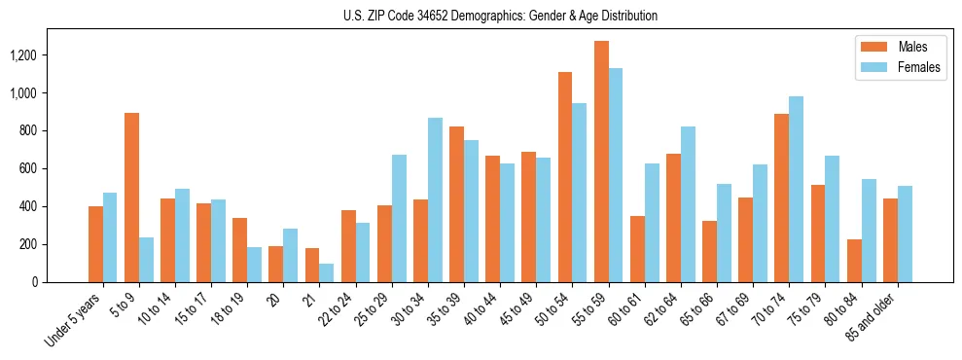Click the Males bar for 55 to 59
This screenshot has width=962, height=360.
[x=601, y=162]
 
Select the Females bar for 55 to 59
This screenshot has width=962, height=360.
[x=616, y=175]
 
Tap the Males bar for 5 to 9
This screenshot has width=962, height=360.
[x=131, y=198]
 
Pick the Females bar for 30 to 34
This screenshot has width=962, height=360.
[x=435, y=199]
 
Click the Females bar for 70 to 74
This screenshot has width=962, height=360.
[x=796, y=189]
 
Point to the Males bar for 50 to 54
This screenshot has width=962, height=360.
[x=565, y=177]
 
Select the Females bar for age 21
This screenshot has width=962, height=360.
[x=327, y=272]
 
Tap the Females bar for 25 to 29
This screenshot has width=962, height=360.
[x=399, y=218]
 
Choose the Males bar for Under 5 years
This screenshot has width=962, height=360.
[x=95, y=243]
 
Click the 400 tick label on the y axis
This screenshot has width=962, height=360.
[x=53, y=206]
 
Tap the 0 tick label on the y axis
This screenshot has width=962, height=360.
[x=60, y=282]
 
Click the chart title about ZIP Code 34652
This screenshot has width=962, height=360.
[x=500, y=16]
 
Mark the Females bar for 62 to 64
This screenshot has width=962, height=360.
[x=688, y=204]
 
